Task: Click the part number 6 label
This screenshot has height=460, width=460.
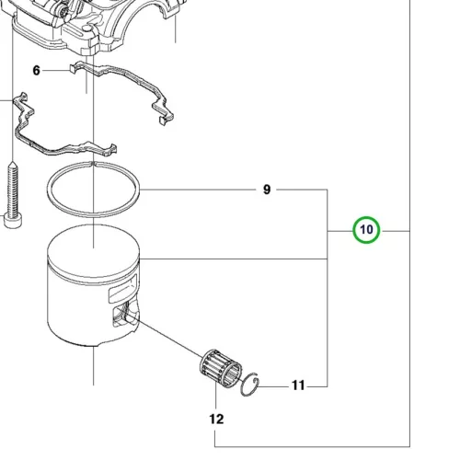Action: [x=36, y=71]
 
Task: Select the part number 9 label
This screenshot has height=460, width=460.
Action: [x=267, y=190]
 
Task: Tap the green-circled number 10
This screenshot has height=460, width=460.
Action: [x=366, y=230]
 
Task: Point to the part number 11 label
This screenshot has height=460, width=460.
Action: [x=298, y=385]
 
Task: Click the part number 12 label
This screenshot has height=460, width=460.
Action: [x=216, y=419]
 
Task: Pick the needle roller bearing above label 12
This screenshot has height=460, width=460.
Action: [x=221, y=368]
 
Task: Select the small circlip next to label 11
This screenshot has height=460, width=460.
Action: [x=250, y=385]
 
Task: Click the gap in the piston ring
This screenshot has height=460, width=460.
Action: [x=93, y=165]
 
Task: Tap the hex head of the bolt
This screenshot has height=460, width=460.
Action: [x=13, y=221]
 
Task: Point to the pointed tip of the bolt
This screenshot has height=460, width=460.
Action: [x=13, y=163]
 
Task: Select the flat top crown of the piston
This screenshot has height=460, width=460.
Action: [x=94, y=248]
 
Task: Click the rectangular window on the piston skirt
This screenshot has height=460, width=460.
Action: [x=122, y=289]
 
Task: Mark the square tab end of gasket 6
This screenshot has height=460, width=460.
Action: [x=73, y=69]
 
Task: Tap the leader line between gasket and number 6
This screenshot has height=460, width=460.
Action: [x=56, y=71]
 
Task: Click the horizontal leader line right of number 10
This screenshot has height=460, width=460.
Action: [x=397, y=231]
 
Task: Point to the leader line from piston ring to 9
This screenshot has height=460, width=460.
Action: [x=198, y=190]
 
